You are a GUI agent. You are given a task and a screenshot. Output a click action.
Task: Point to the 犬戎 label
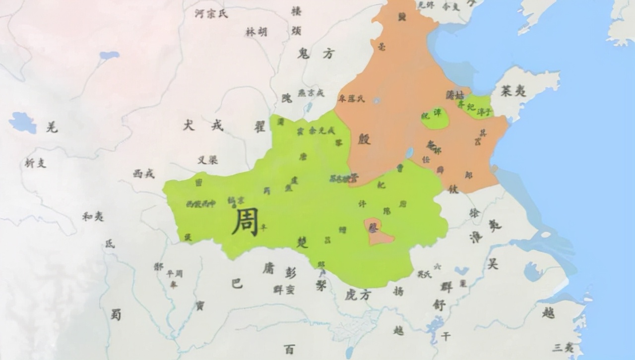[x=203, y=125]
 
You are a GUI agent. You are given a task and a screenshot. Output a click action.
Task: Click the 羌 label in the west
[x=52, y=127]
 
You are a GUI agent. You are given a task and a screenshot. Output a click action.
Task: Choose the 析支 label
[x=36, y=163]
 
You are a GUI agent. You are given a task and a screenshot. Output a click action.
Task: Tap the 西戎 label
[x=144, y=174]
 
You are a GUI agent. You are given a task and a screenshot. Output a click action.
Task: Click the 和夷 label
[x=93, y=216]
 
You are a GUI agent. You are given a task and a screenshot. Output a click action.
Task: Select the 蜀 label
[x=116, y=314]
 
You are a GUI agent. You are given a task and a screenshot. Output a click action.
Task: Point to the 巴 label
[x=237, y=283]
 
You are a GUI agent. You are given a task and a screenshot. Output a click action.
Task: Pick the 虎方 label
[x=358, y=295]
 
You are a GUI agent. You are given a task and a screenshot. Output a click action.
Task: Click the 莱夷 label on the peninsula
[x=513, y=90]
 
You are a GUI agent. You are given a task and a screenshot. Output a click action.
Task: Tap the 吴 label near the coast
[x=493, y=264]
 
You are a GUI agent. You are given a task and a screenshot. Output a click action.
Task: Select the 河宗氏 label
[x=212, y=14]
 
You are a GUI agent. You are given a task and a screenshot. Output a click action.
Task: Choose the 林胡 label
[x=256, y=32]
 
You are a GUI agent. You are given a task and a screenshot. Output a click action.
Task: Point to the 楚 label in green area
[x=302, y=242]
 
